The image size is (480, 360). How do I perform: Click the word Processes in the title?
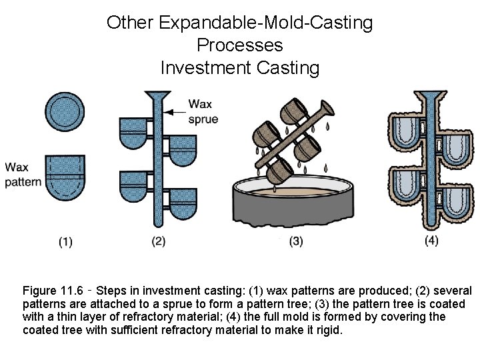[240, 45]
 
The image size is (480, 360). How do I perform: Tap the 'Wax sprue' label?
[203, 111]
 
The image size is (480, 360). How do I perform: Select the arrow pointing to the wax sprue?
[176, 111]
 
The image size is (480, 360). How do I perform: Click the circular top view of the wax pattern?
[65, 111]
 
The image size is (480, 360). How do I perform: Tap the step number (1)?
[65, 241]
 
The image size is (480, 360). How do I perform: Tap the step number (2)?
[158, 241]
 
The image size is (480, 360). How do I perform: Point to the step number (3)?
[296, 241]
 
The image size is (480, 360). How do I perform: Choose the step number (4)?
[431, 241]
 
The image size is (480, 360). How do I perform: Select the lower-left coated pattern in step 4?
[407, 187]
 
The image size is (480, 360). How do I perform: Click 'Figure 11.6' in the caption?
[53, 291]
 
